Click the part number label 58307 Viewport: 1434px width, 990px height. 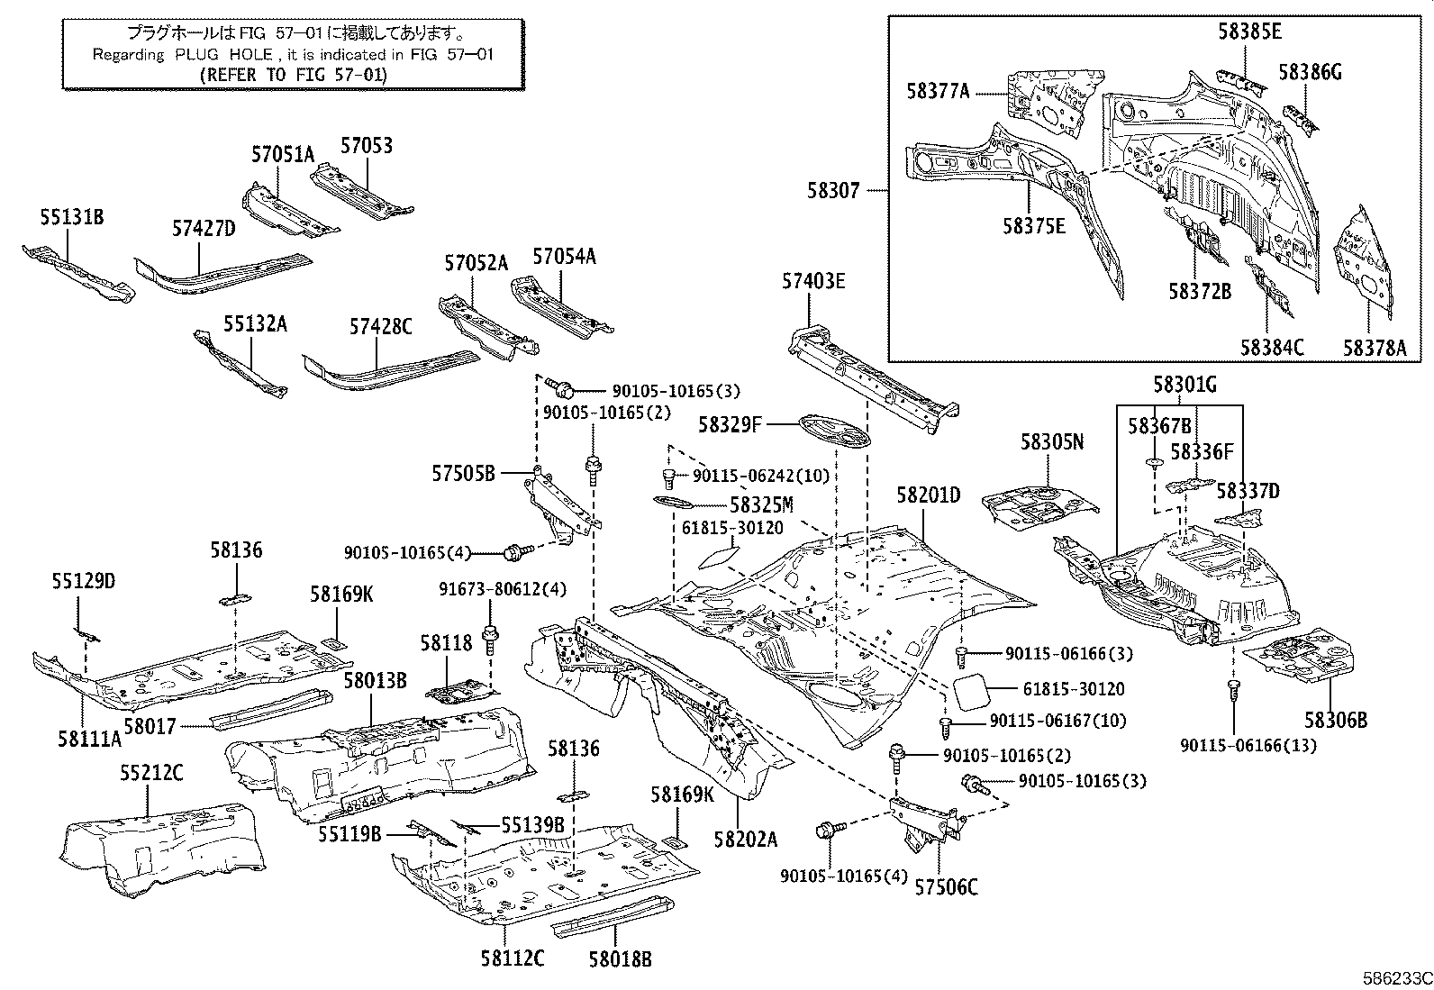[x=833, y=191]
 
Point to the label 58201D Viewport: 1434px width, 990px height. [x=929, y=495]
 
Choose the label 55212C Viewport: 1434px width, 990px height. [x=152, y=772]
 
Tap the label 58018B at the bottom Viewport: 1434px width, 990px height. [x=620, y=959]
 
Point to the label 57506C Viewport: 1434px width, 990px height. [x=946, y=887]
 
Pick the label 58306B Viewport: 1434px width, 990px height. [x=1336, y=720]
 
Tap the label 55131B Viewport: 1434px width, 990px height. [x=71, y=217]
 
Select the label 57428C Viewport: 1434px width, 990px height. [x=380, y=327]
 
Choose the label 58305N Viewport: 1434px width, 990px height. [x=1051, y=441]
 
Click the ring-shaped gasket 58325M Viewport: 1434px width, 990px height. [x=668, y=502]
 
